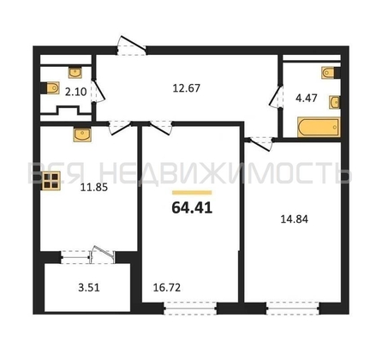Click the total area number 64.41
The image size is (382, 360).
pos(192,207)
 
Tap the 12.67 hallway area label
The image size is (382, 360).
pos(187,88)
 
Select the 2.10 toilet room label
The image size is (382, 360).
pos(75,92)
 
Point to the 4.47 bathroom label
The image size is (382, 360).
pos(307,98)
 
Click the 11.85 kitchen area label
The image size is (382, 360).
pos(94,188)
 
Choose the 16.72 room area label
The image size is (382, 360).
pos(167,287)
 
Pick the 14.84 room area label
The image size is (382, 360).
pos(295,219)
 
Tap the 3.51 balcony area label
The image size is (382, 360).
pos(89,287)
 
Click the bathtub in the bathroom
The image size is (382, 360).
pos(319,127)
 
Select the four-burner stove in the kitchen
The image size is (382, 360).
pos(51,181)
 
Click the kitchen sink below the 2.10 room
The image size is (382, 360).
pos(82,135)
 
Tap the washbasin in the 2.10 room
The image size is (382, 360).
pos(75,72)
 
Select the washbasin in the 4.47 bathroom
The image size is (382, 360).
pos(335,102)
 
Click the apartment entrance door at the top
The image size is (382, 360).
pos(132,45)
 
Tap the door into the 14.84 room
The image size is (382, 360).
pos(260,144)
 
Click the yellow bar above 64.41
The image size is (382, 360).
pos(192,193)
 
